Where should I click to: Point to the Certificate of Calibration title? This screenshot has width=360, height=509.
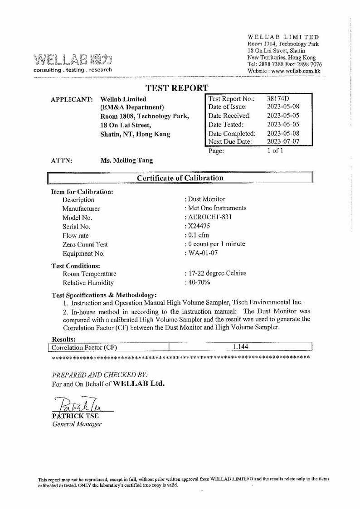(x=180, y=178)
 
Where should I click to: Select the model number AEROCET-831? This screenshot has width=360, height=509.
(x=209, y=217)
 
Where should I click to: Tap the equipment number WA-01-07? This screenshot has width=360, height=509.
(x=201, y=253)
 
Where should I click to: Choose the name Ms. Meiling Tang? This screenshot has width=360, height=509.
(x=126, y=160)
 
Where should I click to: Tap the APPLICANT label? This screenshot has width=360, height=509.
(x=71, y=99)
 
